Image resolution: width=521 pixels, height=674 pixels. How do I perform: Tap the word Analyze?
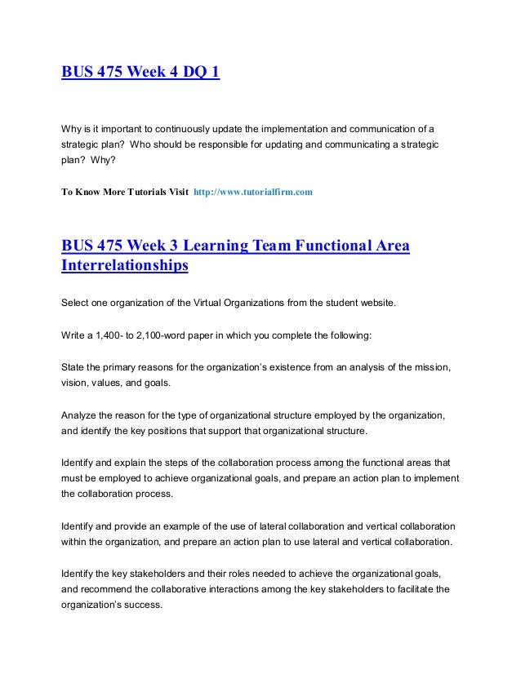coord(80,416)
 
